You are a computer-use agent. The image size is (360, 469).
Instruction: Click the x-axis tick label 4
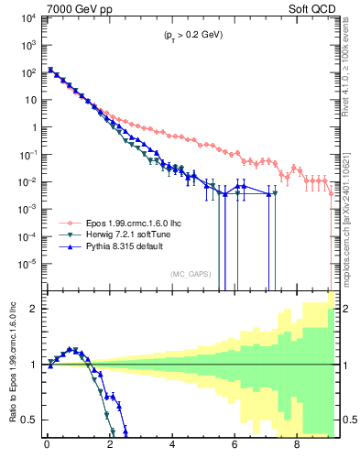(173, 448)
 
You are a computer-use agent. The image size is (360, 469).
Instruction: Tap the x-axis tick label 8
(297, 448)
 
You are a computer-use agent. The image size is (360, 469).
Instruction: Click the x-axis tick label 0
(47, 448)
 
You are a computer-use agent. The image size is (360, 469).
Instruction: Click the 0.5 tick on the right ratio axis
(345, 420)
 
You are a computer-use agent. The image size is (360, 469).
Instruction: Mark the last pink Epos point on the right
(332, 193)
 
